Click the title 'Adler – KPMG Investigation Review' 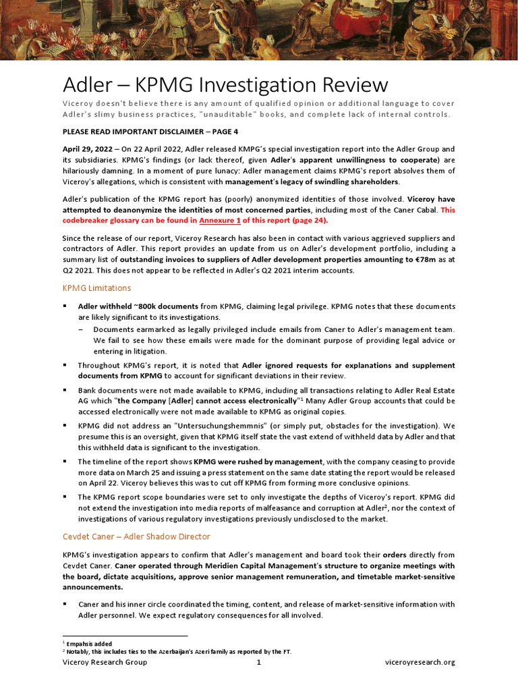(x=225, y=85)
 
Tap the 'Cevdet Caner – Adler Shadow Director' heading (x=136, y=536)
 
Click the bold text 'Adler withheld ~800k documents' (x=138, y=306)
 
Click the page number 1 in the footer (x=258, y=662)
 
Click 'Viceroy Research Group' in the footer (x=105, y=662)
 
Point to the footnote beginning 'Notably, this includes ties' (x=179, y=652)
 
